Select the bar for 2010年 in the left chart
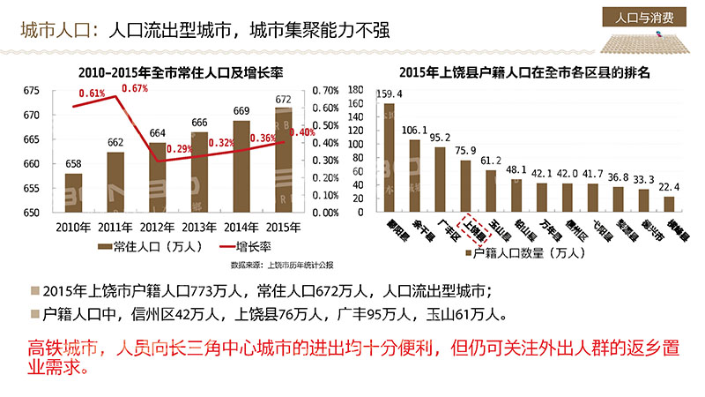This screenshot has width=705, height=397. (x=74, y=192)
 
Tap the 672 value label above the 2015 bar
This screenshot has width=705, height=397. (x=284, y=100)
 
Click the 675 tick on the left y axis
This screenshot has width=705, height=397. (x=33, y=91)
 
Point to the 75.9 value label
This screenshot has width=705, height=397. (x=465, y=150)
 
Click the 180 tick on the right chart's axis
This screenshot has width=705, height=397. (x=356, y=91)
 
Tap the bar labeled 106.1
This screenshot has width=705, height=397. (x=414, y=176)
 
